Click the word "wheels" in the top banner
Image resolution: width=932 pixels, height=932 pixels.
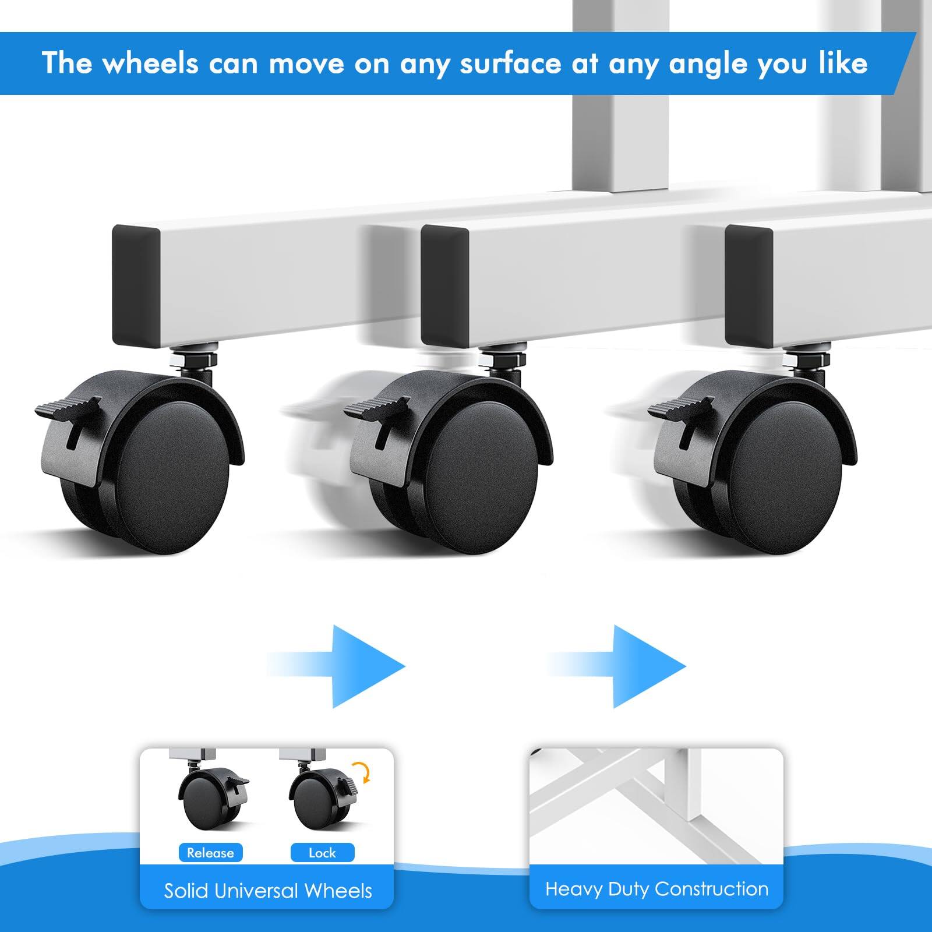click(150, 63)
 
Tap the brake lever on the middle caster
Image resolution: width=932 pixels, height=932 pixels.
click(376, 411)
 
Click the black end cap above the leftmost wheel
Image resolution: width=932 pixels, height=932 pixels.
click(136, 285)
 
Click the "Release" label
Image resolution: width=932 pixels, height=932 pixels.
click(210, 853)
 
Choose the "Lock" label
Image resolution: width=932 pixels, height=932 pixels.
click(322, 853)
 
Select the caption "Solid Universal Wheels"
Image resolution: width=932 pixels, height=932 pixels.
click(267, 891)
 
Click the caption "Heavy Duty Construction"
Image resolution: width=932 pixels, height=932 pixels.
click(656, 889)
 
